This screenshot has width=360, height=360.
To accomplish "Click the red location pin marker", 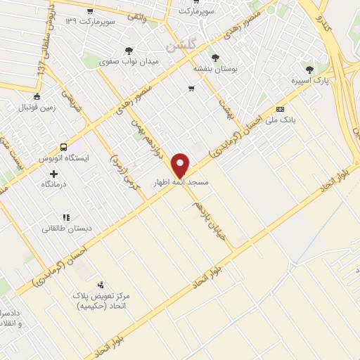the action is click(x=181, y=165).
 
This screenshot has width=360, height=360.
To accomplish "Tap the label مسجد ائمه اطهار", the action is click(x=182, y=182).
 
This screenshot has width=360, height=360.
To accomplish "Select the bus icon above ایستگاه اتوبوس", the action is click(x=64, y=148).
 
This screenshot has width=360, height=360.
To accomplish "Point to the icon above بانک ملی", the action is click(x=280, y=109).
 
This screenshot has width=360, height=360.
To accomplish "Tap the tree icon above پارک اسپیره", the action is click(x=309, y=69).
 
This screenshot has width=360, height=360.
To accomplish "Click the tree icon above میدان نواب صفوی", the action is click(x=128, y=51).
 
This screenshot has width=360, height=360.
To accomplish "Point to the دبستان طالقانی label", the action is click(x=65, y=228).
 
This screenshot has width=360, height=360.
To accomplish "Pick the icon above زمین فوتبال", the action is click(x=37, y=97).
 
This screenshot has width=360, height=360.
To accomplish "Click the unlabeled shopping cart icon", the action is click(x=191, y=89).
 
